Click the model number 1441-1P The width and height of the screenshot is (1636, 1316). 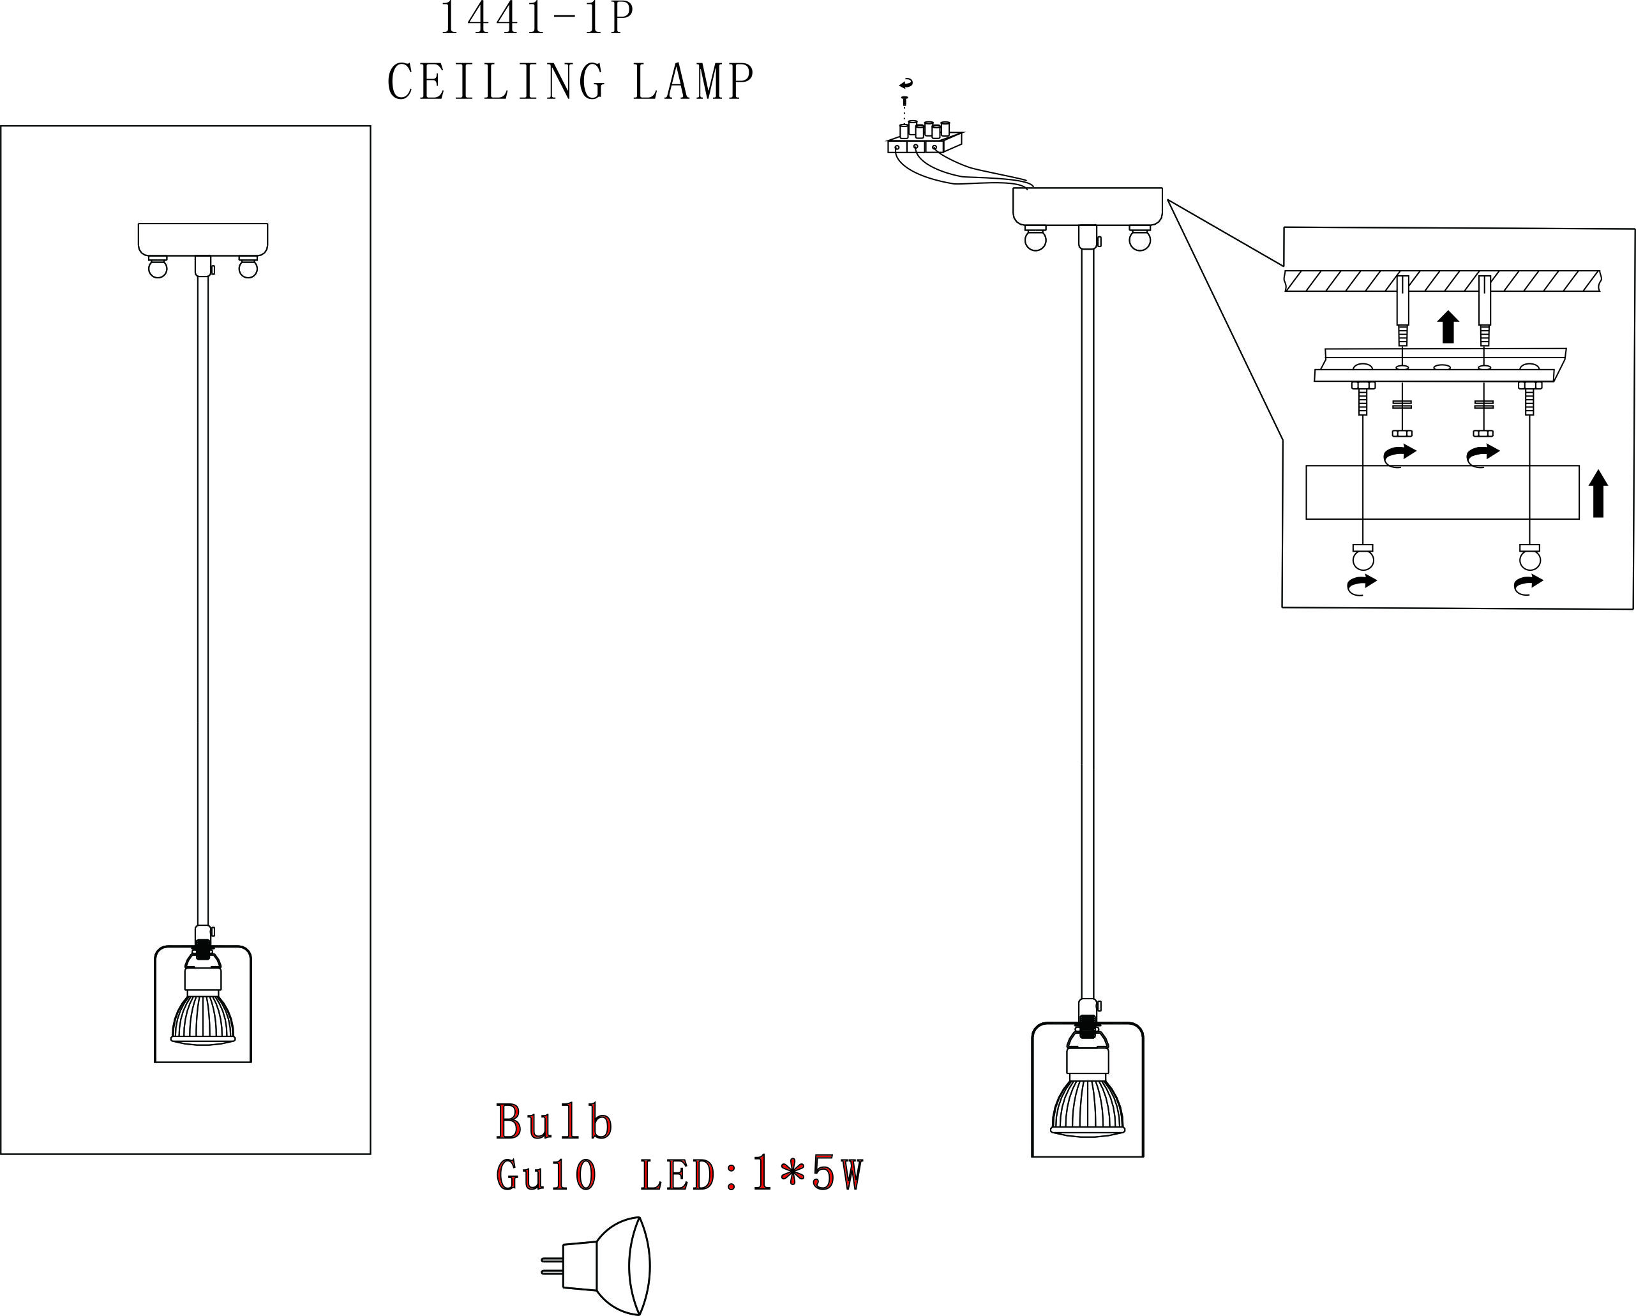[536, 19]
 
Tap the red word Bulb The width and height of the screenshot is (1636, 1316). [554, 1123]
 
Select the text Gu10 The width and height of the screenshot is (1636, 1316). [546, 1176]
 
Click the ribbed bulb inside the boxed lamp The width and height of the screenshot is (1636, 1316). [202, 1017]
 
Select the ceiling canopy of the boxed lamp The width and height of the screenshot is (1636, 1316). [202, 238]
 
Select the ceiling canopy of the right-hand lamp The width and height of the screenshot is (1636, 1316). [1088, 206]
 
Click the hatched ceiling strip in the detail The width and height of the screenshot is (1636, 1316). [1442, 281]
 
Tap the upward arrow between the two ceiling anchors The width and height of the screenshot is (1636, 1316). [1448, 326]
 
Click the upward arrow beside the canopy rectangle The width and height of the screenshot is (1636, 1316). [1598, 494]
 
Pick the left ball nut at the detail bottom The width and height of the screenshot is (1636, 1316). [1363, 559]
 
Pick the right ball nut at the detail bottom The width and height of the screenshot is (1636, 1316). [1530, 559]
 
